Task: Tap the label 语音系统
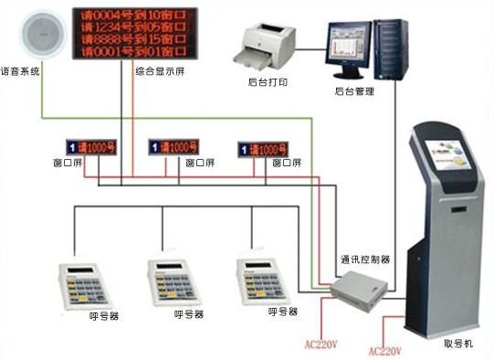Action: tap(20, 69)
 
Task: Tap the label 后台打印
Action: tap(265, 81)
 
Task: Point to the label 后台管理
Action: tap(352, 92)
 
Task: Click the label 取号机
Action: tap(457, 344)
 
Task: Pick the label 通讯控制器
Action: tap(364, 259)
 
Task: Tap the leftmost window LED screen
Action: tap(89, 145)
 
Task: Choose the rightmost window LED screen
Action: tap(270, 147)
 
